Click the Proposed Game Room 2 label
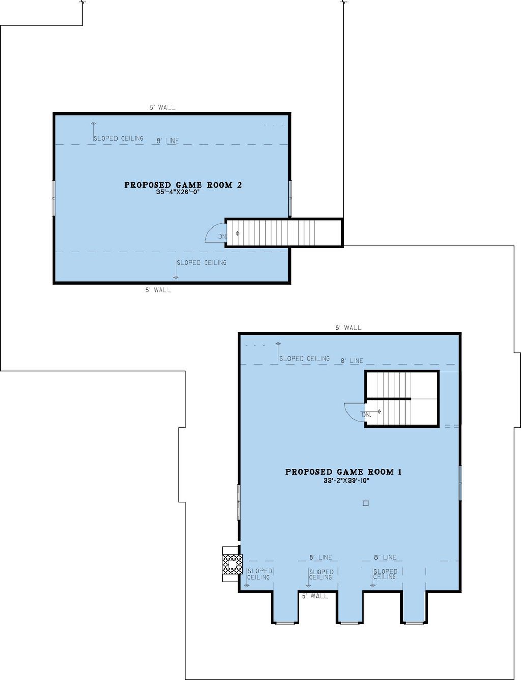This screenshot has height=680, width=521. [183, 185]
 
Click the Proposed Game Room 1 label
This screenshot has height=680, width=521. [343, 472]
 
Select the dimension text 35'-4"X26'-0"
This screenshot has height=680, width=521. [178, 192]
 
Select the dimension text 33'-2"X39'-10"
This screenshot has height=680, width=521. [346, 480]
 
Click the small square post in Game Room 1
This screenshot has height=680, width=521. [365, 503]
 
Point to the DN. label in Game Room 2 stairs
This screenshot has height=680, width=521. [223, 236]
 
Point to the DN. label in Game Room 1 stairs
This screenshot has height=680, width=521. [366, 415]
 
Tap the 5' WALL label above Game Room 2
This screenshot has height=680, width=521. [162, 107]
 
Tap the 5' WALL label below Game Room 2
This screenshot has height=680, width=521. [158, 290]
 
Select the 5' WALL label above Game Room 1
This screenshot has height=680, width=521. [349, 328]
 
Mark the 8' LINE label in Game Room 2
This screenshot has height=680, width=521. [168, 141]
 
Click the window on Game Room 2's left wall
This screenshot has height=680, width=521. [53, 197]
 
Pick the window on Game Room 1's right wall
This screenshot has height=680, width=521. [460, 482]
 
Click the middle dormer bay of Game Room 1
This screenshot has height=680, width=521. [350, 608]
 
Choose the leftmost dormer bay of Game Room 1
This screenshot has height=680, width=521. [284, 608]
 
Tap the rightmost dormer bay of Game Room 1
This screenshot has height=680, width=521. [415, 608]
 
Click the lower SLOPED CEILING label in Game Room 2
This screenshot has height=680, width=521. [201, 263]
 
